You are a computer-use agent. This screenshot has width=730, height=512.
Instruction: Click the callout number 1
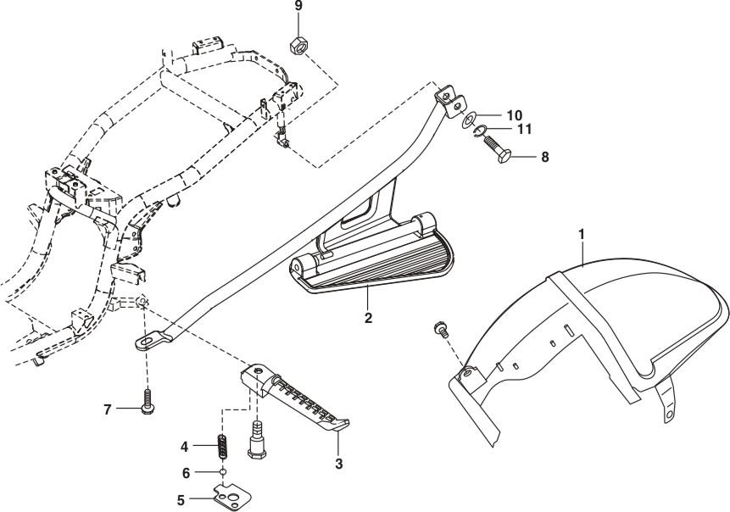coord(581,231)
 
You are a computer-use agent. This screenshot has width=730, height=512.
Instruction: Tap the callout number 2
coord(368,320)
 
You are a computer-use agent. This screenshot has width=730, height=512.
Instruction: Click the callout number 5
coord(181,500)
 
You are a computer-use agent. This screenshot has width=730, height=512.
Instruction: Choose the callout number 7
coord(109,409)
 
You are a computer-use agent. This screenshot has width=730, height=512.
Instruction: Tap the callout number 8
coord(544,157)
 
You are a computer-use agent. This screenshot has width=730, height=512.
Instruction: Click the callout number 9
coord(298,7)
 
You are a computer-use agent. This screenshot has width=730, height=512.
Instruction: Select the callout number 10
coord(515,114)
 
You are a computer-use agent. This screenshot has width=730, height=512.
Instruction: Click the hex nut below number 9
coord(298,44)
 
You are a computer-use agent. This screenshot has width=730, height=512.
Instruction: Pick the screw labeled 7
coord(148,398)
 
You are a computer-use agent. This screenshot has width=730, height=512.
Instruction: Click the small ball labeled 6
coord(222,472)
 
